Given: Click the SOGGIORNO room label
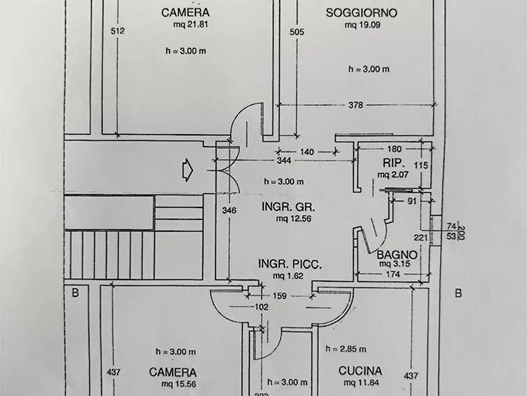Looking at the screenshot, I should (x=361, y=12).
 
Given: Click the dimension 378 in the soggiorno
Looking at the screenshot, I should (x=355, y=106).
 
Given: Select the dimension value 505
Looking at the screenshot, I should (x=296, y=32).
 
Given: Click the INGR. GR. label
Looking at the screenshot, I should (x=289, y=207).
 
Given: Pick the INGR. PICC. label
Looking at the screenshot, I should (x=289, y=265).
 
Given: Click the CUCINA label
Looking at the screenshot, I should (x=360, y=371).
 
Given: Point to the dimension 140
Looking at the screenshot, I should (x=307, y=152).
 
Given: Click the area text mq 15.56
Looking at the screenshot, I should (x=173, y=384).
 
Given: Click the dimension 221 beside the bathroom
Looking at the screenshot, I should (x=421, y=238).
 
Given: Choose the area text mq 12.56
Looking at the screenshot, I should (x=293, y=219).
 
